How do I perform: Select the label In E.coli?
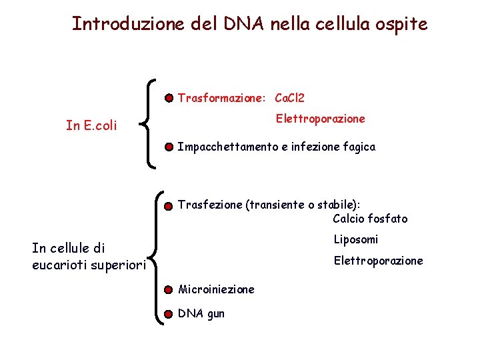coord(91,125)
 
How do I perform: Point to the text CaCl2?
coord(289,99)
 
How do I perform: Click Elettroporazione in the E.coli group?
coord(321,119)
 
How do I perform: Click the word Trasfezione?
coord(210,205)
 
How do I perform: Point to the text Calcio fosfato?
coord(370,219)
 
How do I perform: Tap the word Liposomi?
coord(356,239)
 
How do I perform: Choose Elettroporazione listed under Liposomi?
coord(378,261)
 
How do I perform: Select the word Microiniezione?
coord(216,290)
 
